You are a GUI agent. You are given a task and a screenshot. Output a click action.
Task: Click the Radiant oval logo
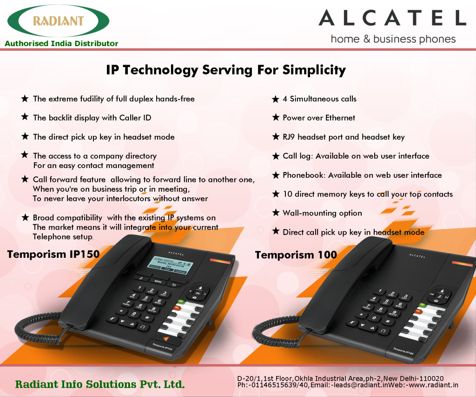point(59,21)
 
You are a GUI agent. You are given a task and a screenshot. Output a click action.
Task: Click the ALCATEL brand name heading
point(392,18)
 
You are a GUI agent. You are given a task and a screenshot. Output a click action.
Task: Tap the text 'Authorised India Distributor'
point(61,43)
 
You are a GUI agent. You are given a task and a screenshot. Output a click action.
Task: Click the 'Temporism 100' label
point(296,255)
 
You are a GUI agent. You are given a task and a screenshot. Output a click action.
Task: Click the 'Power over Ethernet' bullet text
point(319,118)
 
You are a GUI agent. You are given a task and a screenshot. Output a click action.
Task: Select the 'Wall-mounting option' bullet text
point(322,213)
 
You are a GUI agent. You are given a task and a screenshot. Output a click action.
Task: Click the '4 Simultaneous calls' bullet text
point(319,99)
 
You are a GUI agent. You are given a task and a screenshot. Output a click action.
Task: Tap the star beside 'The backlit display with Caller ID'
point(25,118)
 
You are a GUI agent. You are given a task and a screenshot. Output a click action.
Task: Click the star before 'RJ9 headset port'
point(276,137)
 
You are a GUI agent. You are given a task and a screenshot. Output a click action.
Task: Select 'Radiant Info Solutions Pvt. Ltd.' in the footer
point(100,384)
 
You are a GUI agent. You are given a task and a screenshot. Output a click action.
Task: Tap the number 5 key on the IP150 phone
point(146,300)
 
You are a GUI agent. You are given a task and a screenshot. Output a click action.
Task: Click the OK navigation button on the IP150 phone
point(197,293)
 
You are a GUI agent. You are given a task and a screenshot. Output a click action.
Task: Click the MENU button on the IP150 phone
point(158,282)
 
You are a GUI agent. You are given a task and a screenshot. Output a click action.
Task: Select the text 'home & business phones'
point(393,39)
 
